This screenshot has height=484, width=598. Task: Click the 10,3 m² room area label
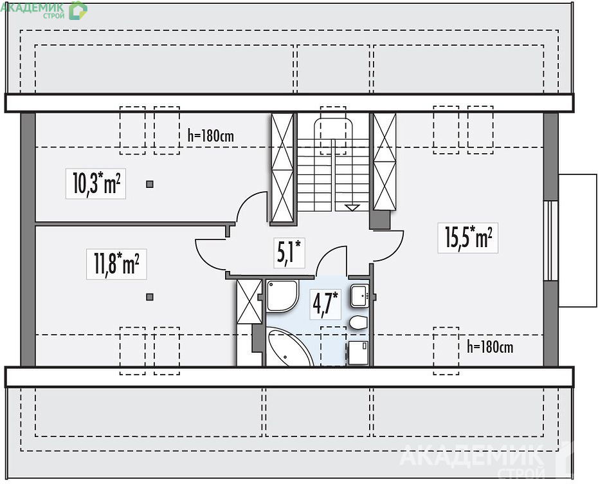click(x=96, y=183)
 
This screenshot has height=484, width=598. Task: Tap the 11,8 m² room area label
click(x=116, y=264)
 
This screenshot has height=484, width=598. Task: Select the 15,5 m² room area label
click(x=468, y=237)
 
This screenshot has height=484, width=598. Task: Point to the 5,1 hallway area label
click(x=289, y=252)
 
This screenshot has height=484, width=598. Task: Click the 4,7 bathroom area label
click(x=325, y=304)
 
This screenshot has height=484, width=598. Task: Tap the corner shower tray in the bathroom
click(x=282, y=296)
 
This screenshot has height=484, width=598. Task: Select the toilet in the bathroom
click(x=359, y=322)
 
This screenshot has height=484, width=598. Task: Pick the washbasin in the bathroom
click(x=359, y=295)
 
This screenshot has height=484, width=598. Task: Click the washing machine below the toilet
click(x=359, y=353)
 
